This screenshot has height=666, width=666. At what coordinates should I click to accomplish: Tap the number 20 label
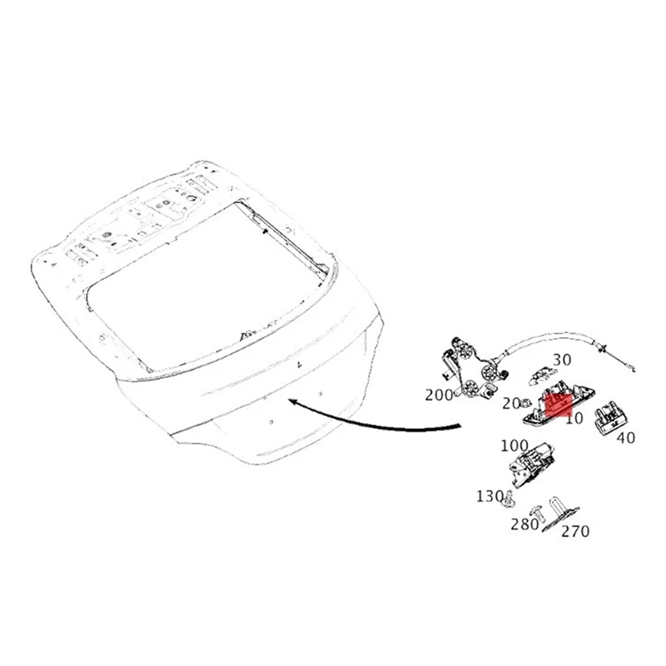[512, 404]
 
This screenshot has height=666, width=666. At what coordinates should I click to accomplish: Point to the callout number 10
[574, 419]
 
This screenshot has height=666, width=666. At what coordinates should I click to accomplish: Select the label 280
[524, 524]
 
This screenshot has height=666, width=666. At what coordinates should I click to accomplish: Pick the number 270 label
[574, 530]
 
